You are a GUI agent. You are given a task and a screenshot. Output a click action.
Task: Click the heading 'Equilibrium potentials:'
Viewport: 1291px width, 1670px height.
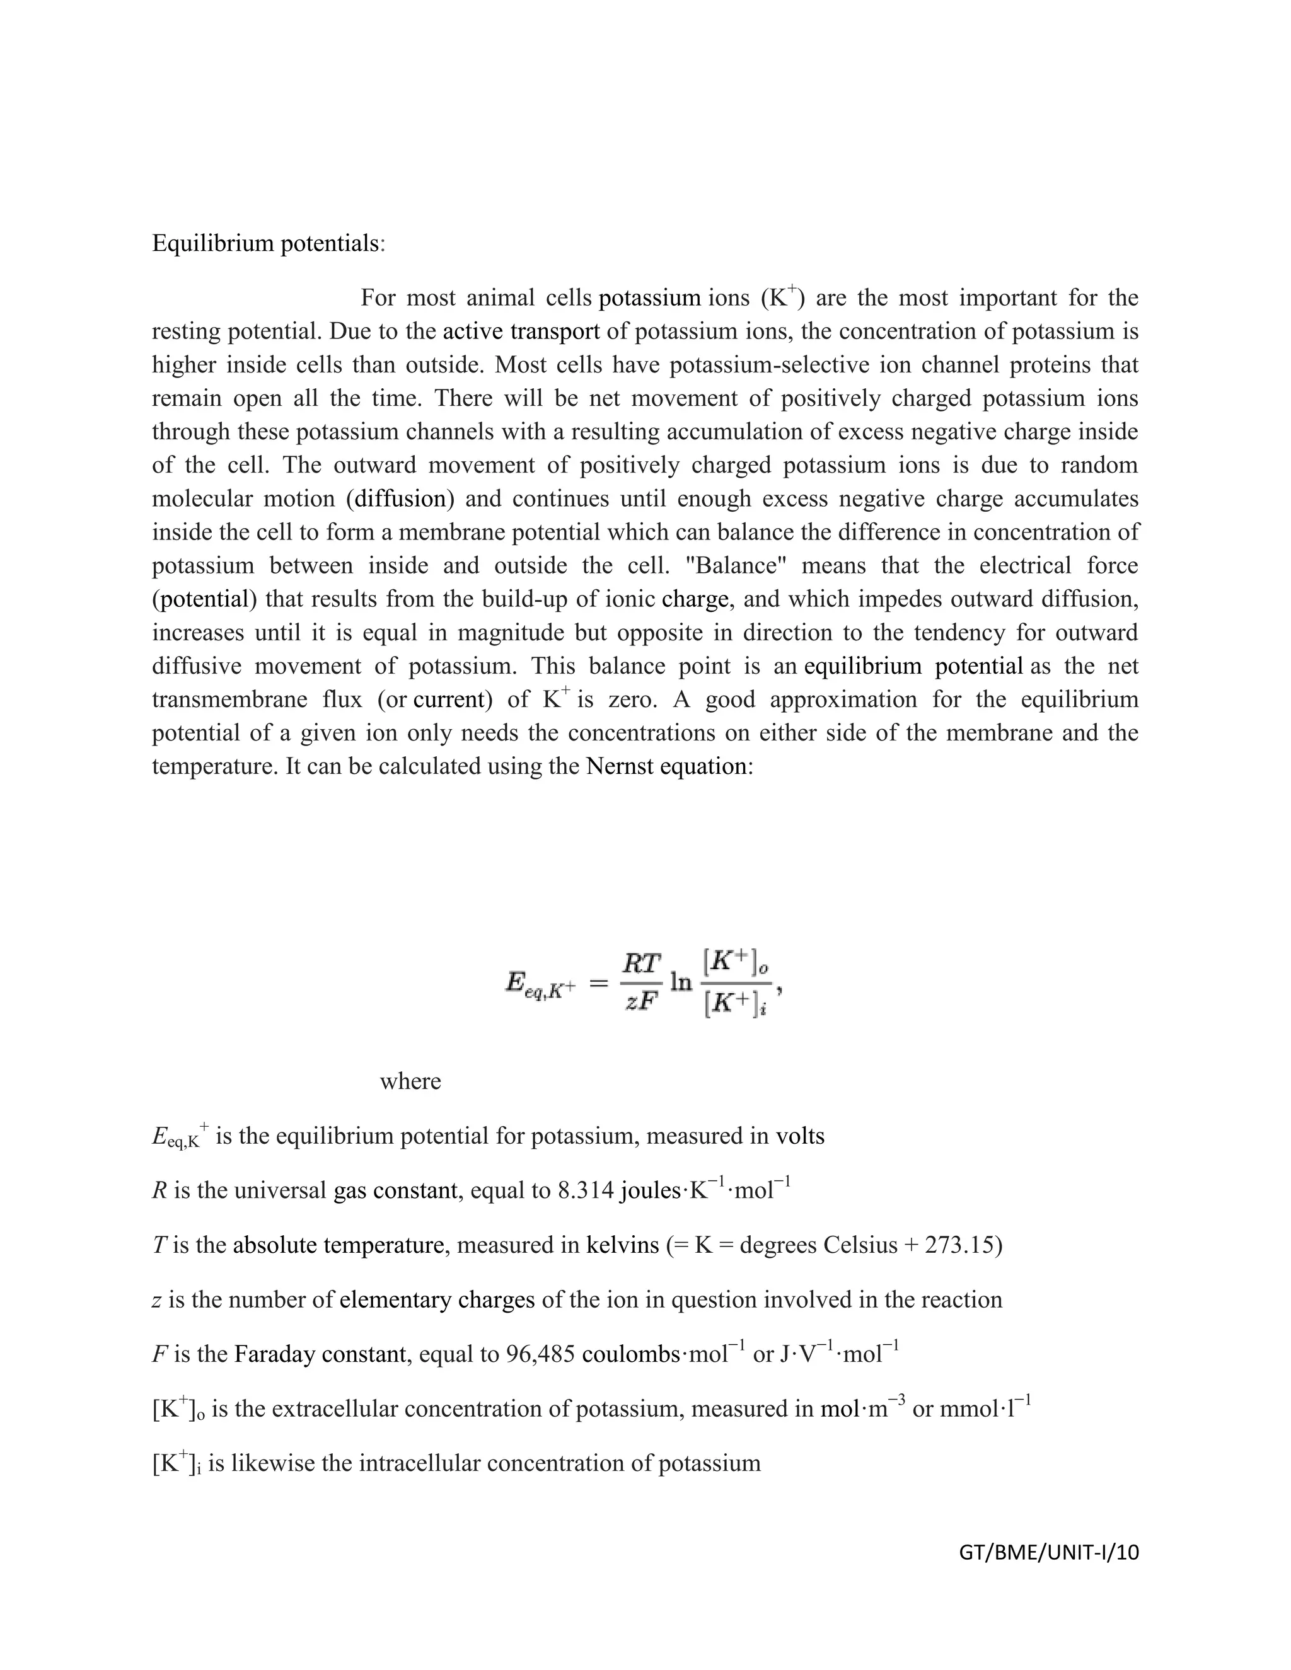[x=269, y=243]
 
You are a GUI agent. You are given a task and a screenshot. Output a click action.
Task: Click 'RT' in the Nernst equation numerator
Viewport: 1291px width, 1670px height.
[x=641, y=964]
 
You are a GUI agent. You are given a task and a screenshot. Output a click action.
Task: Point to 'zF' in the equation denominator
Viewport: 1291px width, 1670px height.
[x=641, y=1003]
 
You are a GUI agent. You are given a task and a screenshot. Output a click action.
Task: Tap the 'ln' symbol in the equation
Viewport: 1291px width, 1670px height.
[x=681, y=982]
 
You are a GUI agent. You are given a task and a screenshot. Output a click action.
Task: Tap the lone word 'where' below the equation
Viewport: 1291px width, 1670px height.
[x=411, y=1081]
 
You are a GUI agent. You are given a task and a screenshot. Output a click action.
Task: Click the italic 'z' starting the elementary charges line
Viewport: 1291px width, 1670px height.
[x=156, y=1301]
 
